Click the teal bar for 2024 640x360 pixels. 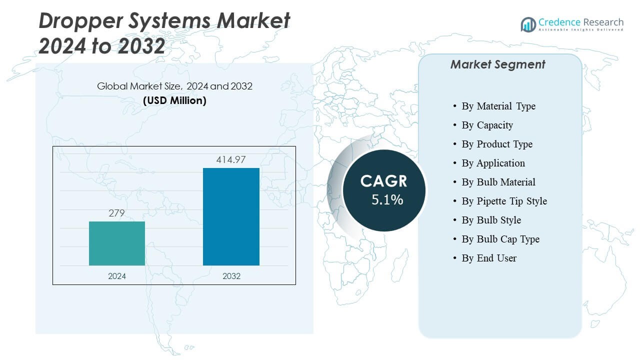117,243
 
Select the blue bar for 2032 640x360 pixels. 231,216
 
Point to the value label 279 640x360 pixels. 116,213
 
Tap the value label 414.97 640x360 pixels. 231,160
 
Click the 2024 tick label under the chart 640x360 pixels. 117,276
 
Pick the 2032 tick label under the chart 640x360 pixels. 231,276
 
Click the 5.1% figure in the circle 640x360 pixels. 387,200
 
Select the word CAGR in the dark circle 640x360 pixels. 384,181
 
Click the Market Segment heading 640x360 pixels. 497,64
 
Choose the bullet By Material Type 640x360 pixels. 498,106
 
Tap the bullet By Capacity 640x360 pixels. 487,125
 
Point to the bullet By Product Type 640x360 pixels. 497,144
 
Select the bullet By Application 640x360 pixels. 493,163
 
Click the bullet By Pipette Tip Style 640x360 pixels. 504,201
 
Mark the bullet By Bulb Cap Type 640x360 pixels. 500,239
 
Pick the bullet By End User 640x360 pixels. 489,258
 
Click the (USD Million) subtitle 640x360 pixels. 174,100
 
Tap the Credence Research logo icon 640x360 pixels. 528,24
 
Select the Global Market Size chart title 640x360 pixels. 174,86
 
